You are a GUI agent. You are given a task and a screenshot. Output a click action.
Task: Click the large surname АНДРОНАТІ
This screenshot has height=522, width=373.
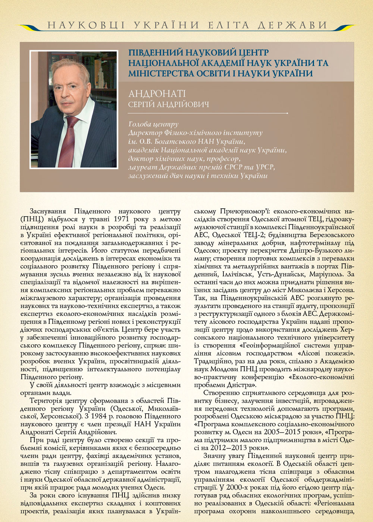(157, 94)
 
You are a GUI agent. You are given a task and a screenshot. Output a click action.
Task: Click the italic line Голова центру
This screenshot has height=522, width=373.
(153, 124)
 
